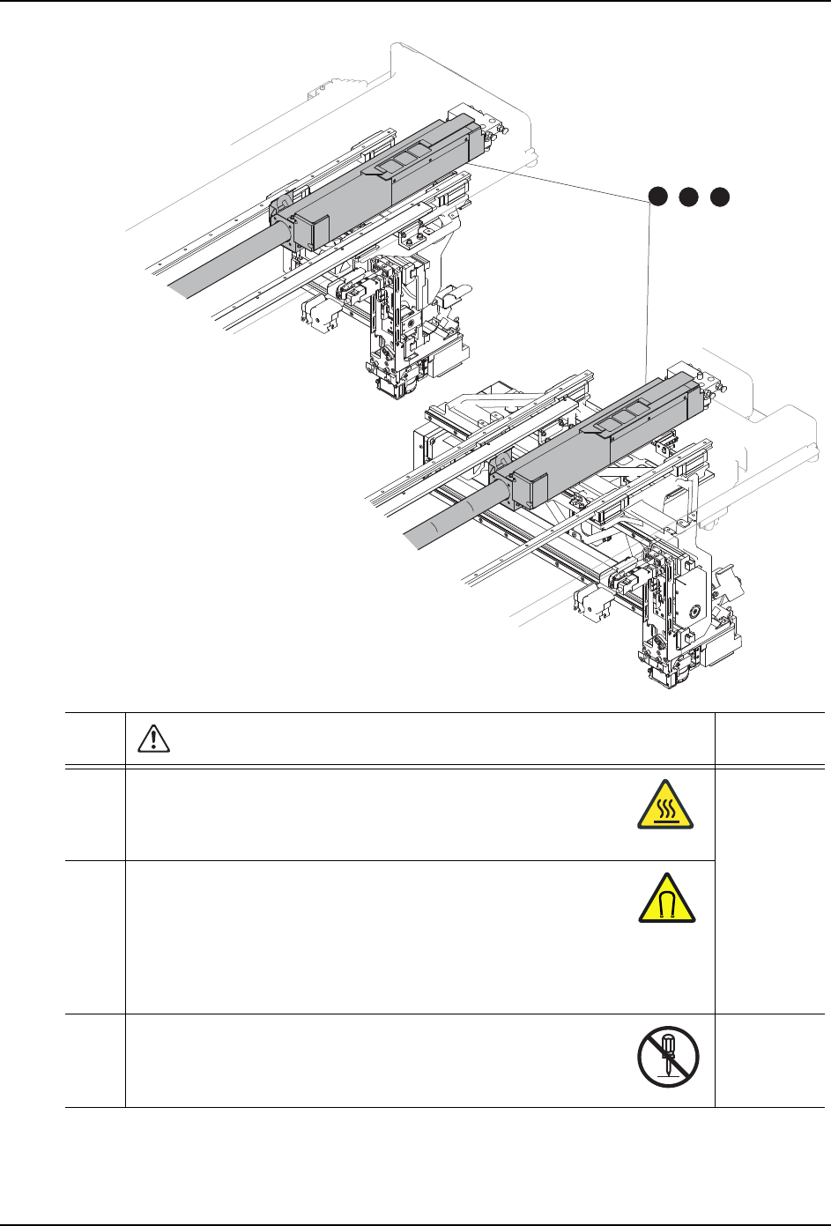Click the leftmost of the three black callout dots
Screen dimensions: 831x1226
(x=657, y=197)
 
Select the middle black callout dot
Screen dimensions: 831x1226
(x=689, y=197)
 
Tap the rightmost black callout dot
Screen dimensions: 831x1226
(x=721, y=197)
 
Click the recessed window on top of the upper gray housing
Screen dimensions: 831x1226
(x=405, y=159)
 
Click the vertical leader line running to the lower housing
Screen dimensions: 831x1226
(x=650, y=291)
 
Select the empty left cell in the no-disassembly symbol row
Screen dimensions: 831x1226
(x=95, y=1061)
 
